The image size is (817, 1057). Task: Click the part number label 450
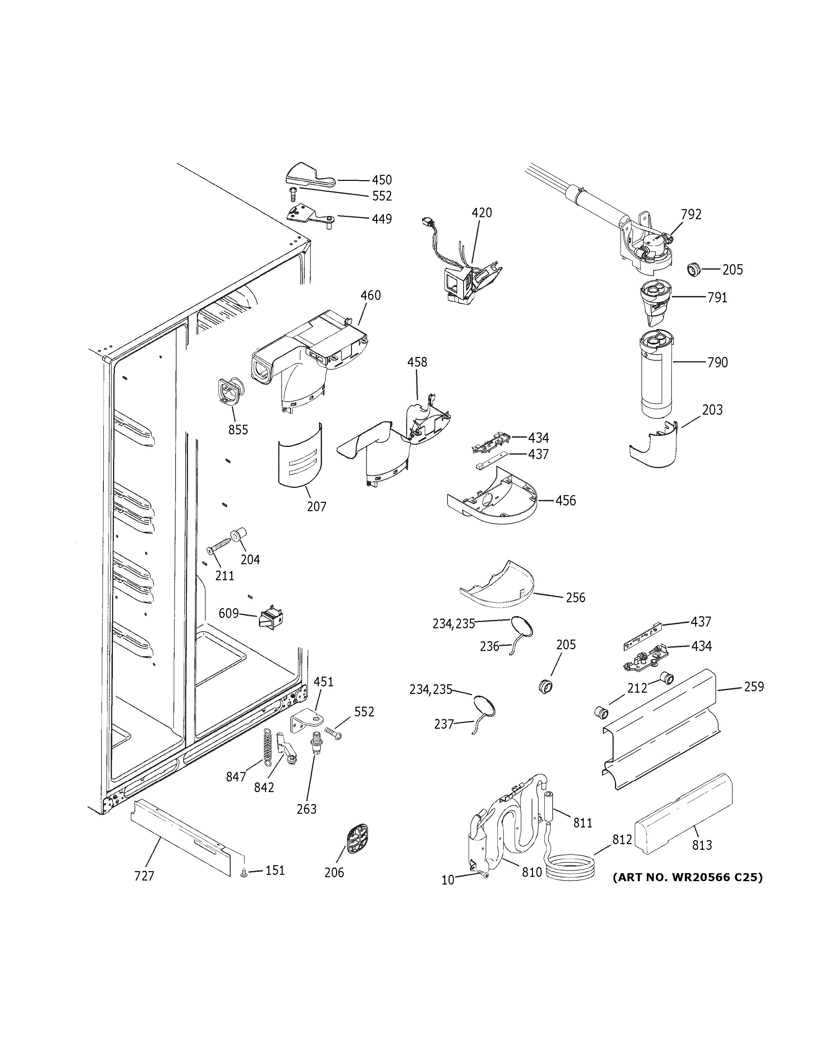pos(381,180)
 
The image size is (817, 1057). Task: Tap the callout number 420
pos(482,213)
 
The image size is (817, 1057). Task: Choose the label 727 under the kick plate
pos(144,875)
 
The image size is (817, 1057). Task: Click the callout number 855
pos(238,429)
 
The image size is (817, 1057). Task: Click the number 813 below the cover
pos(702,845)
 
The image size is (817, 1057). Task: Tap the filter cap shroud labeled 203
pos(654,446)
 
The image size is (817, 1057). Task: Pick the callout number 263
pos(306,809)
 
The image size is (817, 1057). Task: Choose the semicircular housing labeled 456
pos(494,498)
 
